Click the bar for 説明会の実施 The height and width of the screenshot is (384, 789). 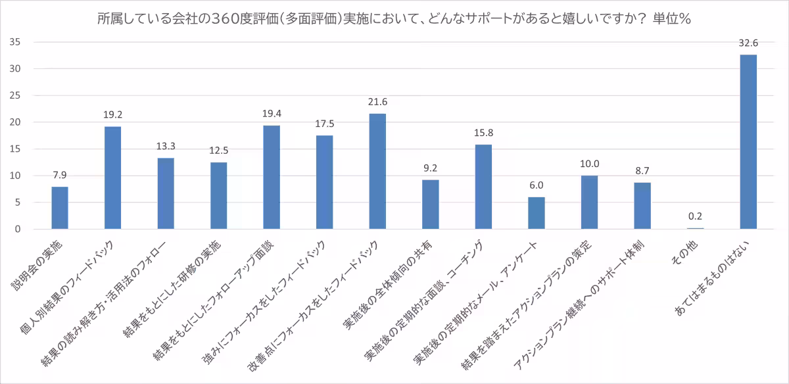tap(60, 208)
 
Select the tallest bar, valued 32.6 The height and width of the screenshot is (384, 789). tap(748, 141)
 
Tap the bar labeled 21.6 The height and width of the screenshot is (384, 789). tap(377, 171)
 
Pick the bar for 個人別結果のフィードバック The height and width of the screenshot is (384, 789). tap(112, 178)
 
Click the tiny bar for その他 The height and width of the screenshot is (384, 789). tap(696, 228)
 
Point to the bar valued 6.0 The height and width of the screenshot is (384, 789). tap(537, 213)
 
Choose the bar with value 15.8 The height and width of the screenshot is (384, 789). tap(483, 187)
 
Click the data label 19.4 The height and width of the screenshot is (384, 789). tap(272, 113)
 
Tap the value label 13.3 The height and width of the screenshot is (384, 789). tap(166, 146)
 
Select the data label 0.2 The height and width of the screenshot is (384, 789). tap(696, 216)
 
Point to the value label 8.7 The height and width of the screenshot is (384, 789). tap(642, 170)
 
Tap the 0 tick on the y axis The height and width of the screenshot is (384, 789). tap(19, 229)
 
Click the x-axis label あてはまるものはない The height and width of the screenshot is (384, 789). tap(723, 276)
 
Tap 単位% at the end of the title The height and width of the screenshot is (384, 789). tap(671, 19)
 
